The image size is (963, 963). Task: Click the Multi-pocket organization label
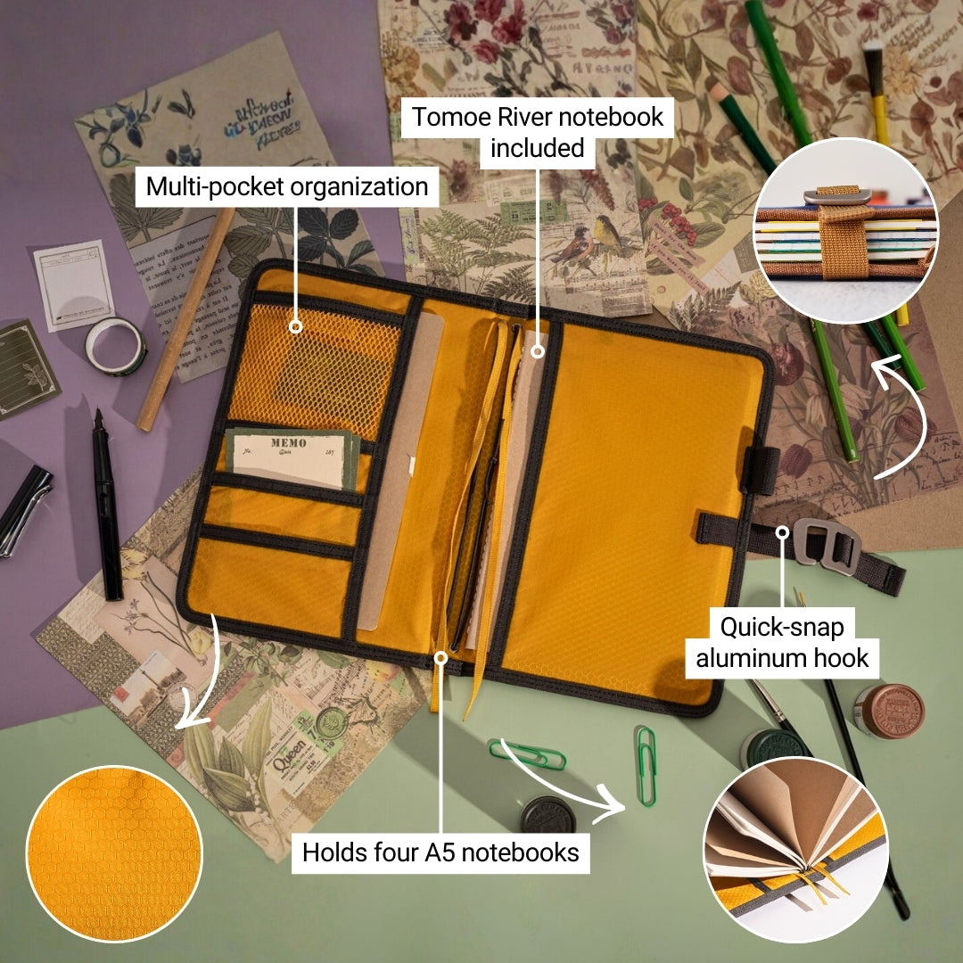tap(287, 187)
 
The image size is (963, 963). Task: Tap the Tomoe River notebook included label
tap(537, 131)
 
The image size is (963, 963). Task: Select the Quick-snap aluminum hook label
tap(782, 642)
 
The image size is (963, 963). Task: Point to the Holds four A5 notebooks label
tap(440, 852)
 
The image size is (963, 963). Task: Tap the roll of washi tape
tap(116, 345)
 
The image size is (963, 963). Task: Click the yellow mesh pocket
tap(321, 366)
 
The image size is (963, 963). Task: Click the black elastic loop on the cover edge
tap(760, 470)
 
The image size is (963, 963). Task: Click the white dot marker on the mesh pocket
tap(296, 326)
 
